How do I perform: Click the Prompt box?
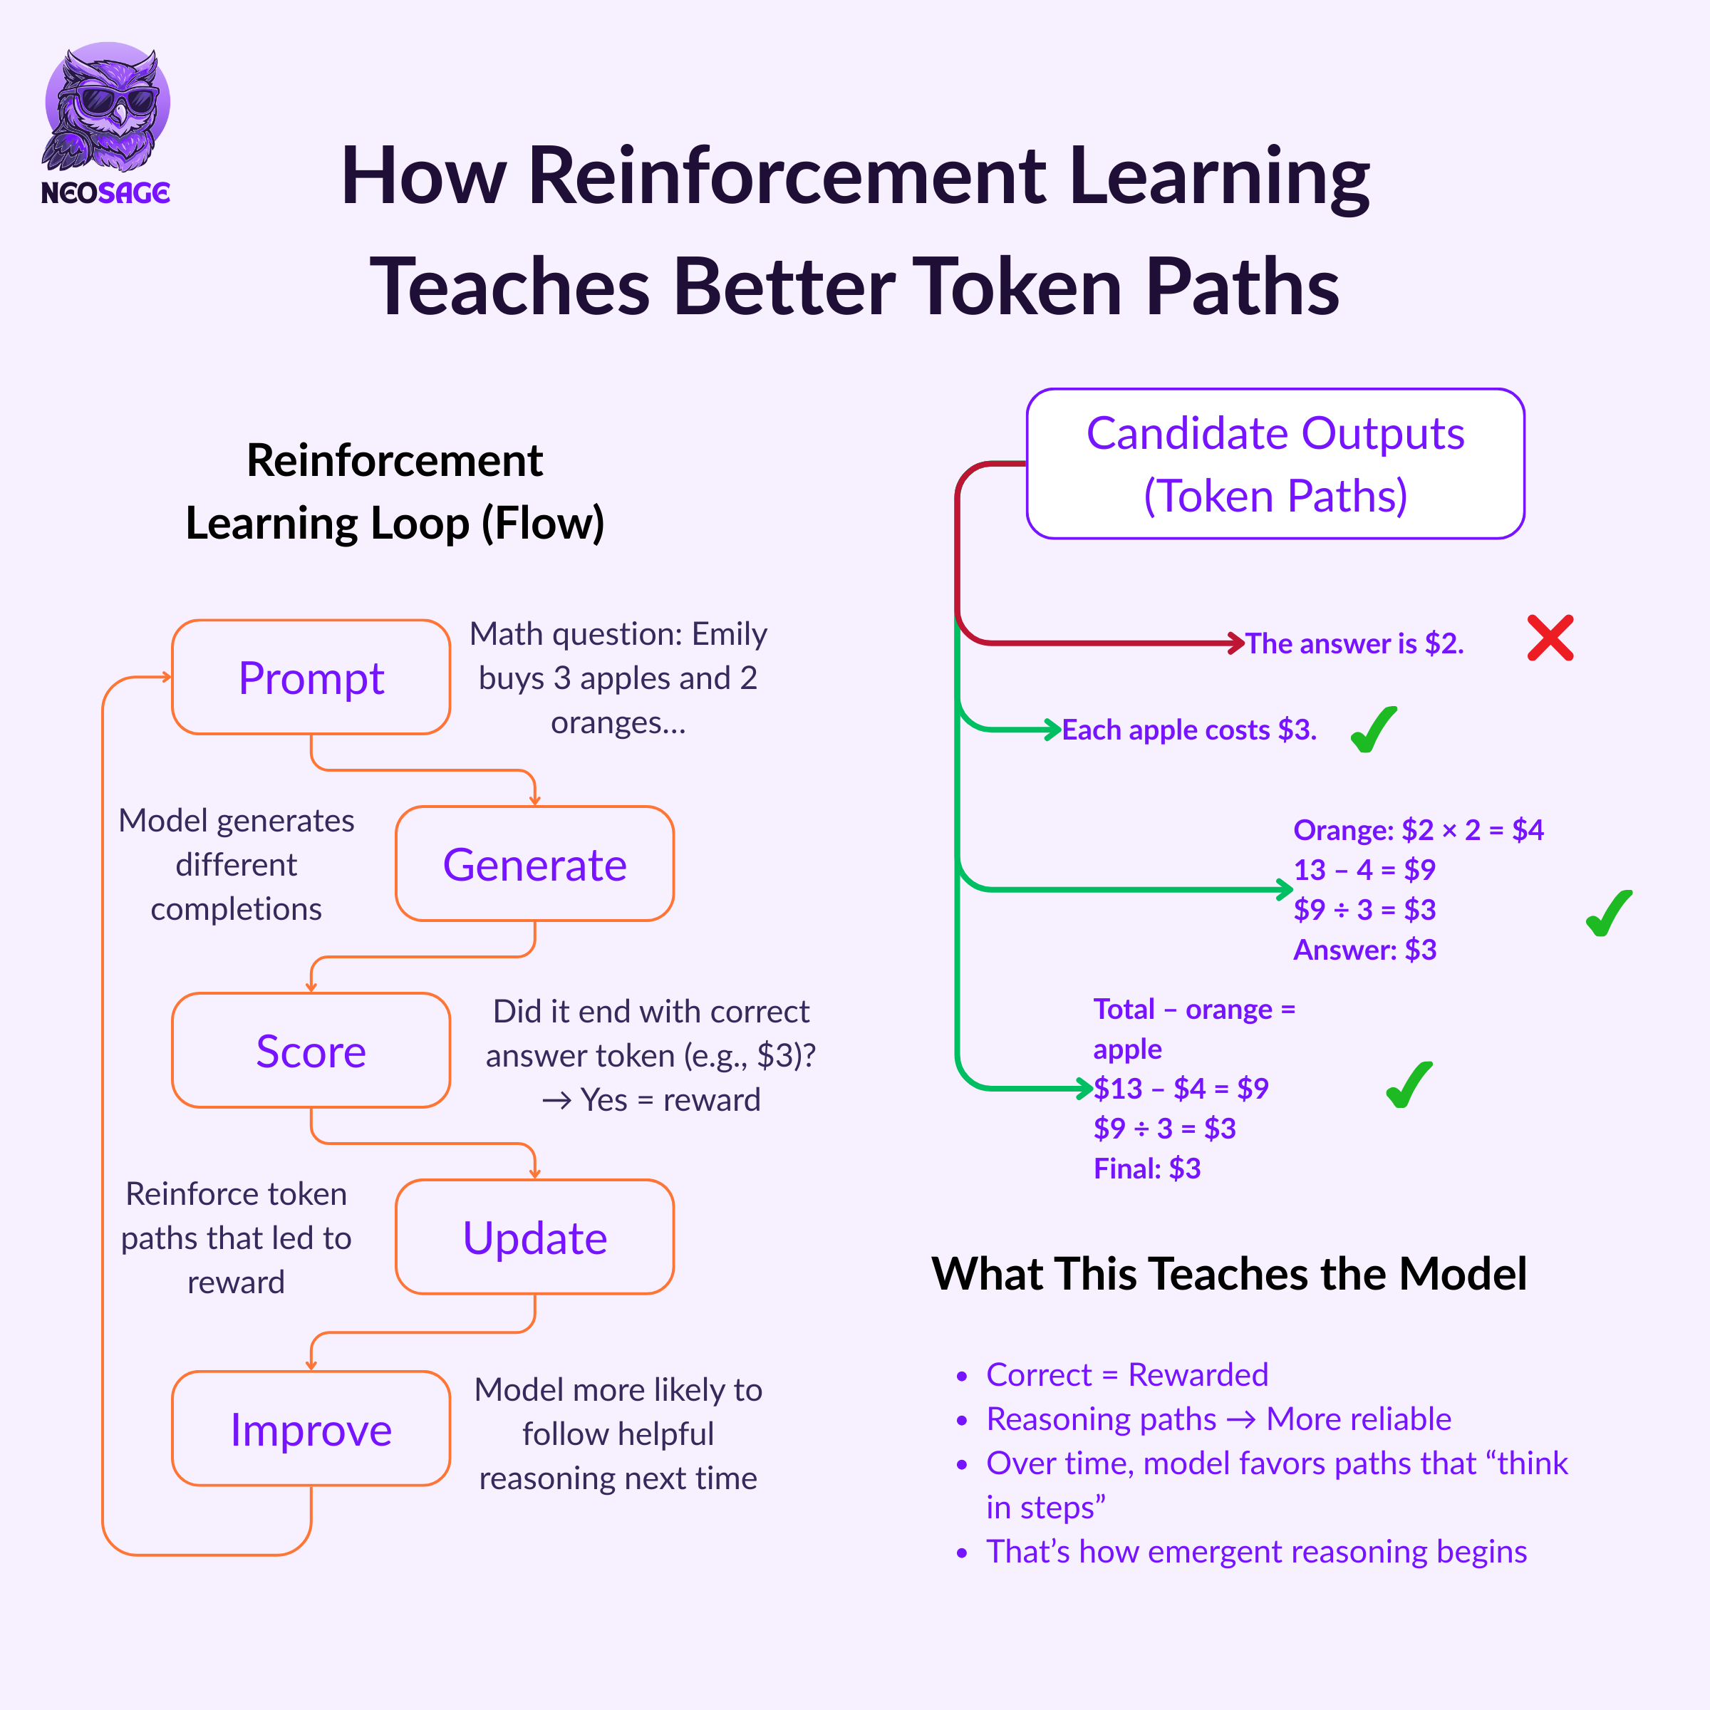point(311,677)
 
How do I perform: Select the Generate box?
point(534,864)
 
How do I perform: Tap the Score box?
point(311,1051)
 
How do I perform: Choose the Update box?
point(534,1238)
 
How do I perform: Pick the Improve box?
point(311,1429)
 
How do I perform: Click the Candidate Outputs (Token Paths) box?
point(1275,464)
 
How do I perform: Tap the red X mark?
point(1550,638)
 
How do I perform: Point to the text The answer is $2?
point(1354,643)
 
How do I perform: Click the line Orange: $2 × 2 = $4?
point(1418,830)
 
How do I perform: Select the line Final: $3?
point(1147,1168)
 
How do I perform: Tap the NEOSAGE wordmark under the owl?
point(105,192)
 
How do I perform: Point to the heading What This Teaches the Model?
point(1228,1274)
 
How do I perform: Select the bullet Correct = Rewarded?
point(1126,1374)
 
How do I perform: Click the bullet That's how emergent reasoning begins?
point(1256,1552)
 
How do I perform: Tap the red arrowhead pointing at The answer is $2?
point(1236,643)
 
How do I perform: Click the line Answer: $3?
point(1365,950)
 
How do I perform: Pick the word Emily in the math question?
point(730,633)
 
